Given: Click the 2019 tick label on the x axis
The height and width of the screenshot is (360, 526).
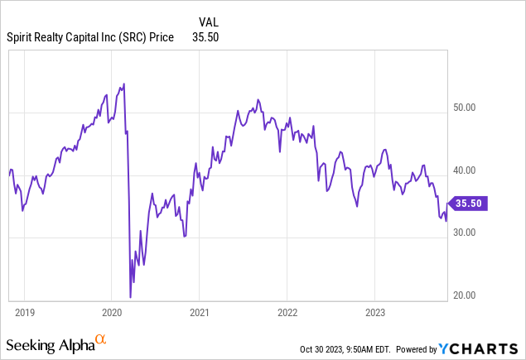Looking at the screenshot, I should coord(24,313).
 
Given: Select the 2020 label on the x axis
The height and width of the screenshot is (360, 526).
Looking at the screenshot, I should coord(112,313).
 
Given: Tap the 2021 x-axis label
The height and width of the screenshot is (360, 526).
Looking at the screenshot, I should coord(200,313).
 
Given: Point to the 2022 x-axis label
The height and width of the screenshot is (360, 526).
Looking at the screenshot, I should coord(287,313).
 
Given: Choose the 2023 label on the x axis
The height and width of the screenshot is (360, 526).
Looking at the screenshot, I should coord(374,313).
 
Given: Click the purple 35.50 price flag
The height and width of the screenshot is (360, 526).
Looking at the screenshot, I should coord(469,202).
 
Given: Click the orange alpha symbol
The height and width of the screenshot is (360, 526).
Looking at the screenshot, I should coord(101,338).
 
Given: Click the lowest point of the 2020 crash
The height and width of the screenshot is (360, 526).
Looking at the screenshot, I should coord(131,297).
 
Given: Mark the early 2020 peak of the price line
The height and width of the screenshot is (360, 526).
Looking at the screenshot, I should coord(123,84).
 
